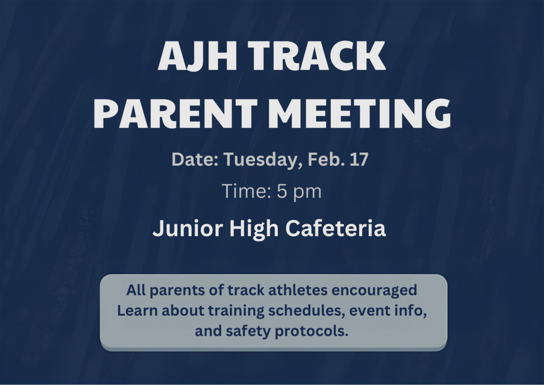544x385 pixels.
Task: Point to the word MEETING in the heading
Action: point(361,114)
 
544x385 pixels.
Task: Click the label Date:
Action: point(194,160)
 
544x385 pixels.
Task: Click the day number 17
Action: point(359,160)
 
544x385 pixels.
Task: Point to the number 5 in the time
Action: point(282,191)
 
